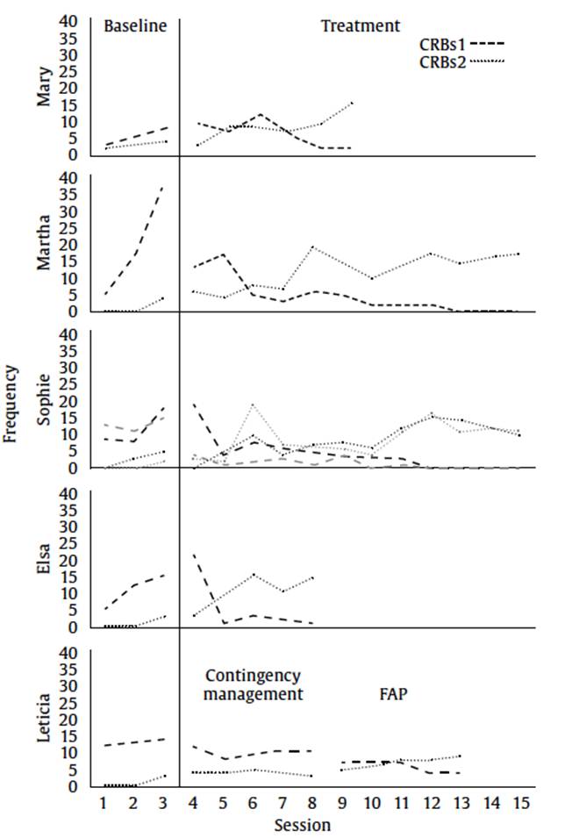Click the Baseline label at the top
[x=134, y=26]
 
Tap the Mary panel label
[x=44, y=88]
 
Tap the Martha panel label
[x=44, y=243]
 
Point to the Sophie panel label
[x=44, y=401]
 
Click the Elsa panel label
[x=44, y=559]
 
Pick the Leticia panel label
[x=44, y=719]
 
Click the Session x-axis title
[x=302, y=826]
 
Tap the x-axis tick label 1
[x=104, y=803]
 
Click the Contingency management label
[x=254, y=685]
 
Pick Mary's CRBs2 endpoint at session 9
[x=351, y=103]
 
